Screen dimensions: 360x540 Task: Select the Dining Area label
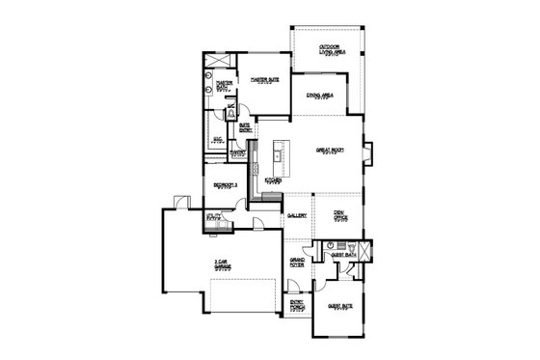point(320,97)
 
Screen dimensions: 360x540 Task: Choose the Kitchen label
point(273,180)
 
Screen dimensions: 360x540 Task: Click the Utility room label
point(214,218)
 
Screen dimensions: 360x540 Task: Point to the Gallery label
point(297,216)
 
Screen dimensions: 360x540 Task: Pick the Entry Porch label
point(299,307)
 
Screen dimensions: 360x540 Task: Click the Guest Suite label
point(339,308)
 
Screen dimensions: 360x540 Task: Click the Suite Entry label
point(245,125)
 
